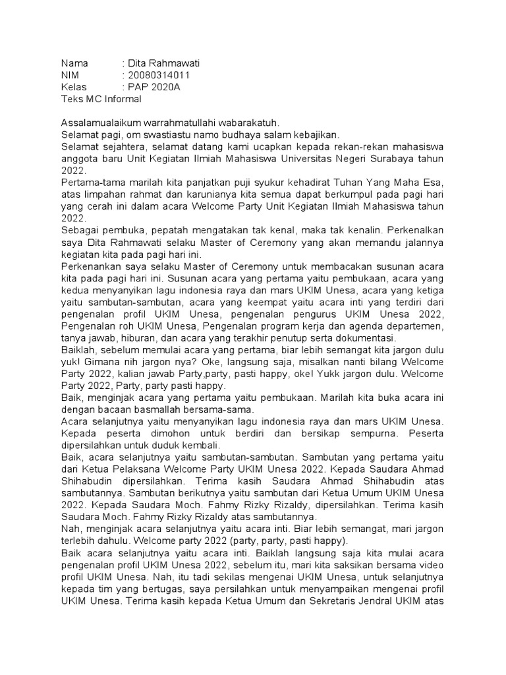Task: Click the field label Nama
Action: pos(74,63)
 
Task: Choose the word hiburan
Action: pos(136,337)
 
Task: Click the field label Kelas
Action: pos(74,87)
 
